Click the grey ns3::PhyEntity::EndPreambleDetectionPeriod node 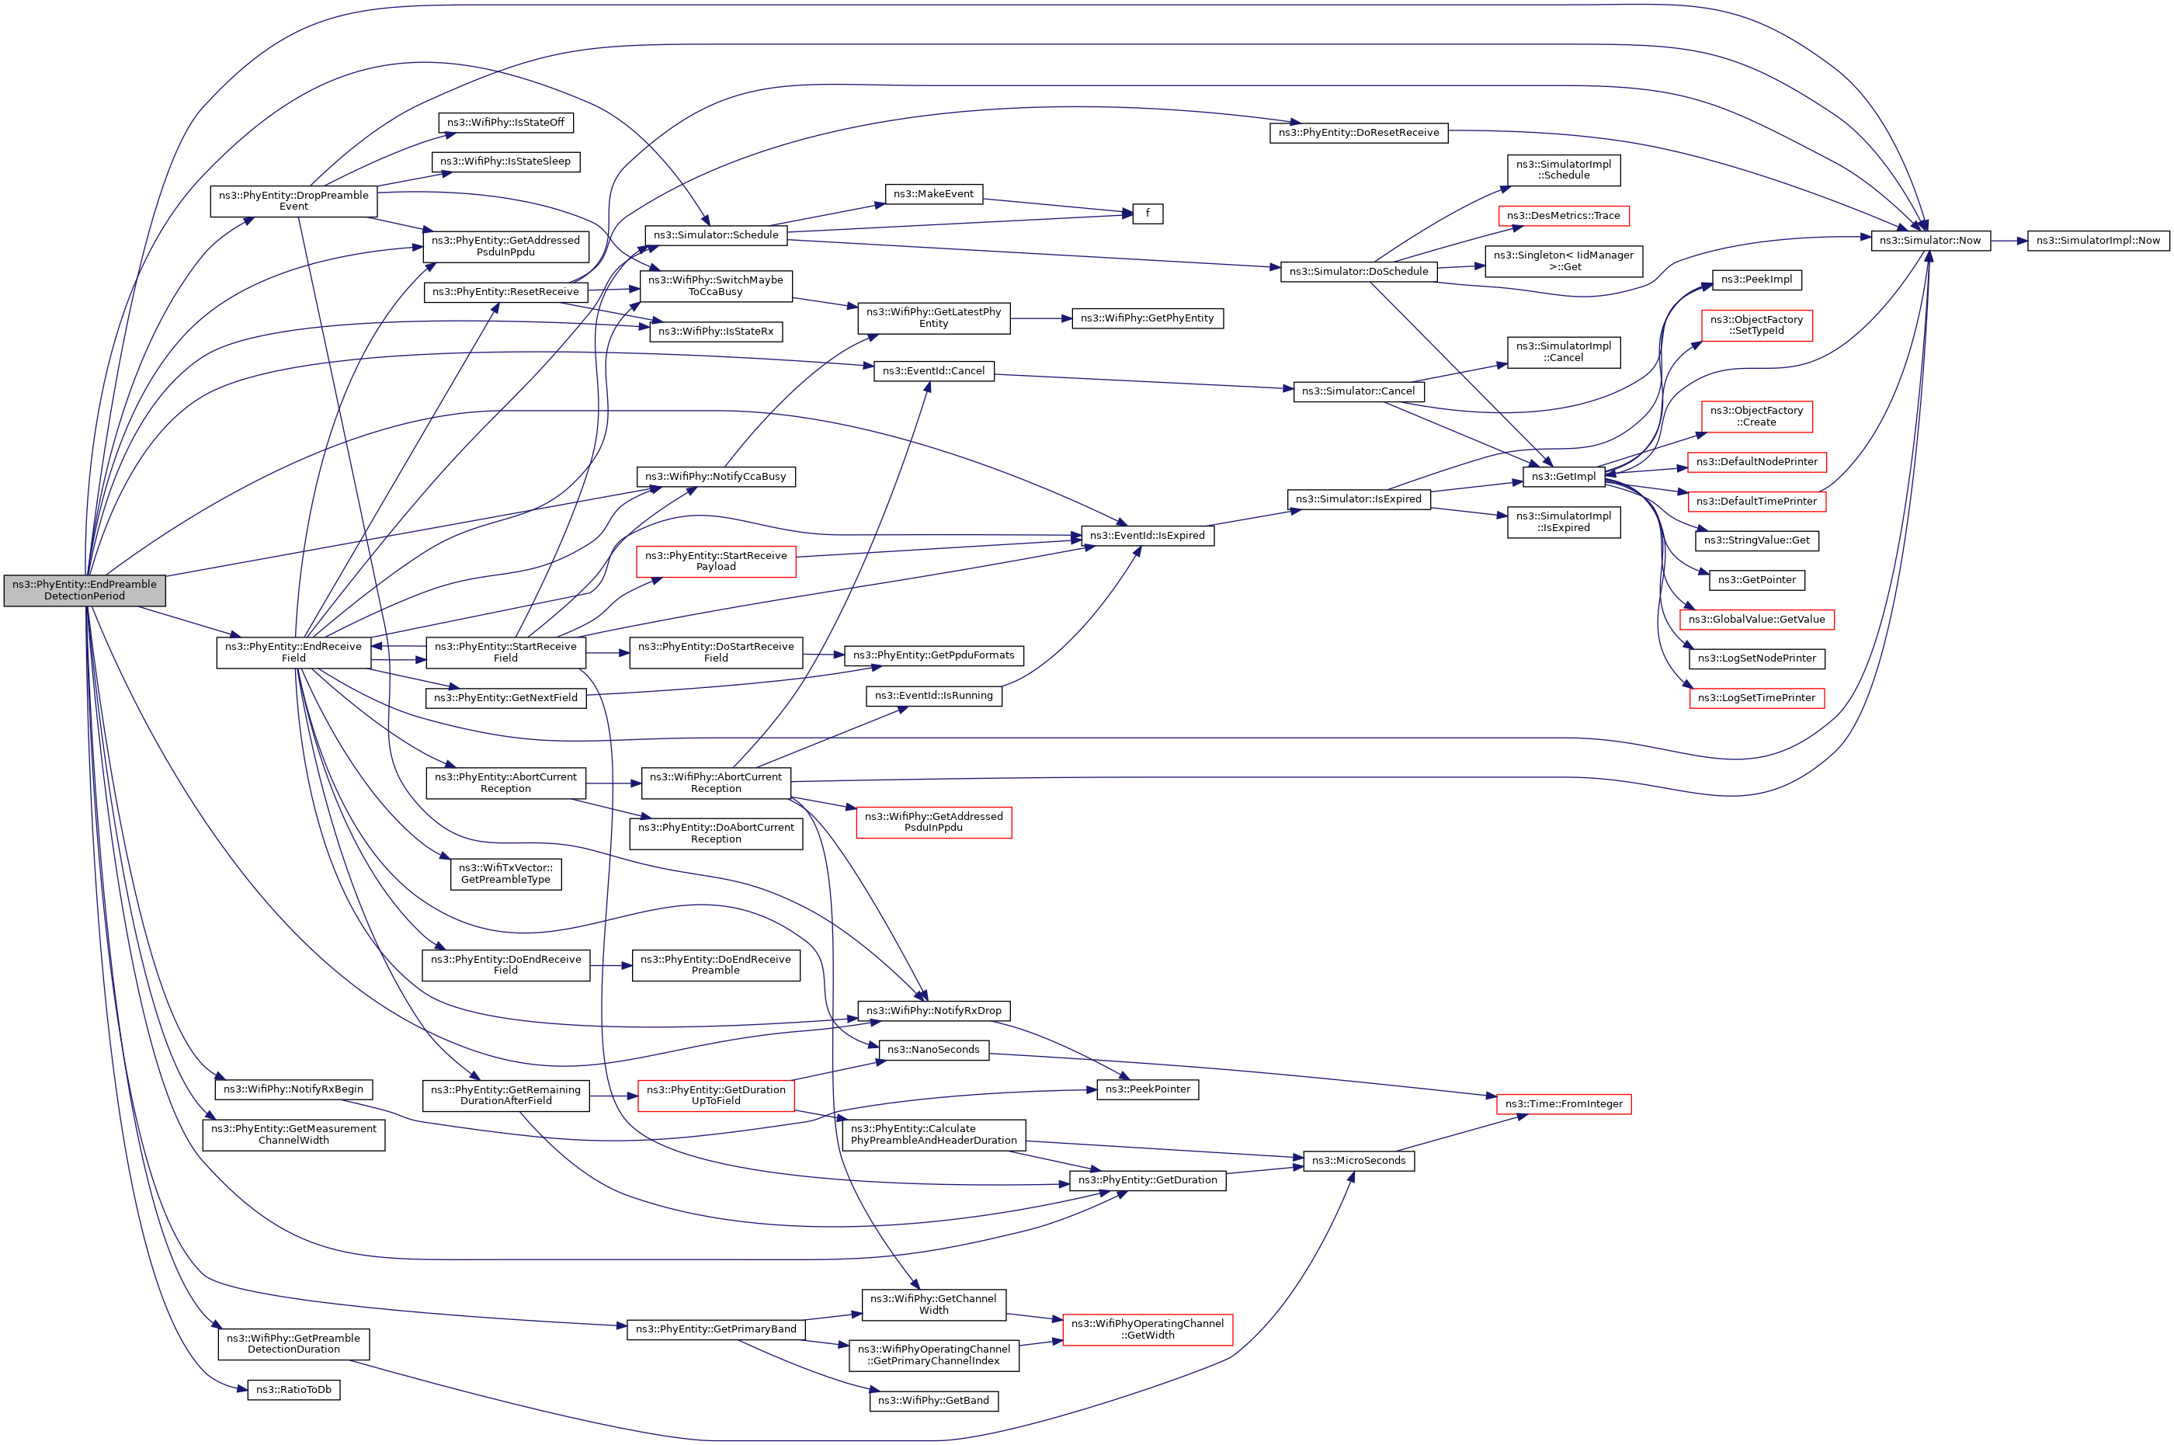(84, 590)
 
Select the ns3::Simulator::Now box (1929, 241)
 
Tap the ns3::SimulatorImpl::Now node (2097, 241)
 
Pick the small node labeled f (1147, 214)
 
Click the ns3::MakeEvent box (933, 193)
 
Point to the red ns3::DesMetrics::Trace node (1563, 216)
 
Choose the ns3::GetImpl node (1563, 477)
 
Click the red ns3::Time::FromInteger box (1563, 1103)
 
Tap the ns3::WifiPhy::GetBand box (932, 1401)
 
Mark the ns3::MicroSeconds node (1359, 1160)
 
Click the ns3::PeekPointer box (1148, 1089)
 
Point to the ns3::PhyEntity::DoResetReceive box (1359, 133)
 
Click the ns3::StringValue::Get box (1756, 540)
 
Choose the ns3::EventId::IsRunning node (933, 696)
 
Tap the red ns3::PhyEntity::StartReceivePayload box (715, 561)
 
